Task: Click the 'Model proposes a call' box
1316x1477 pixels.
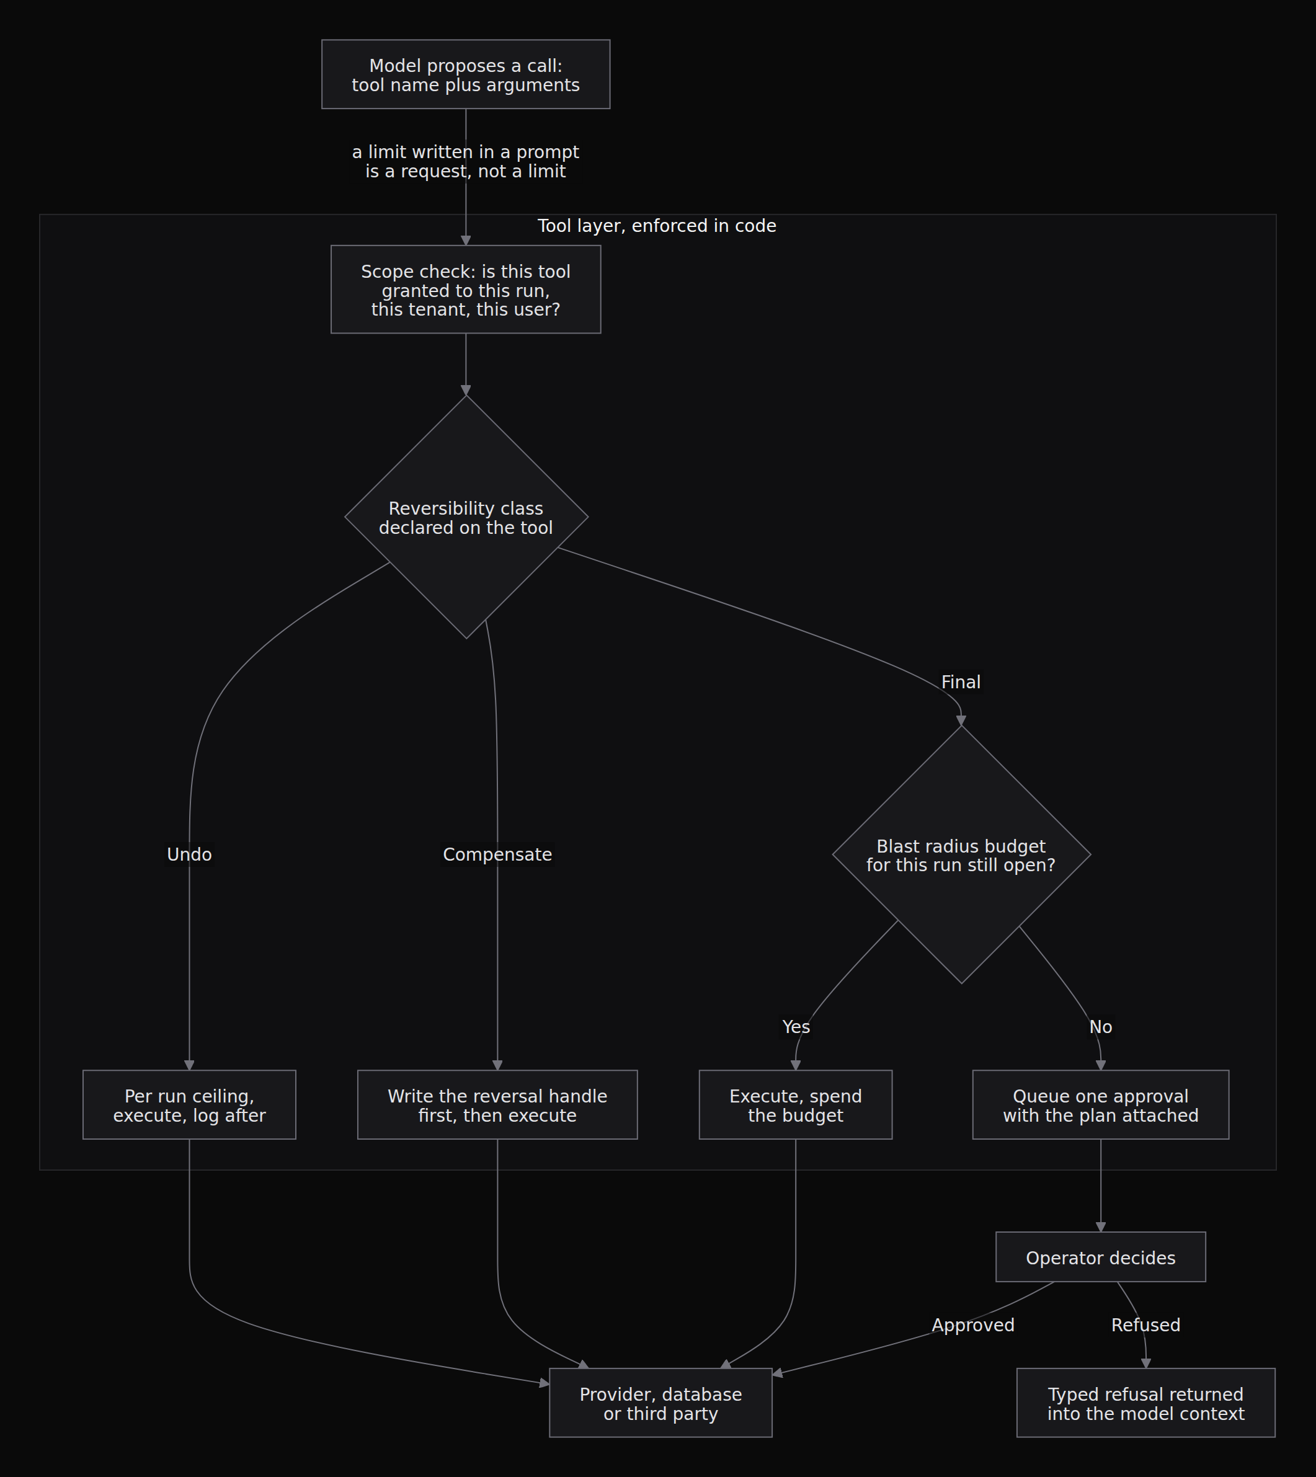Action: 466,74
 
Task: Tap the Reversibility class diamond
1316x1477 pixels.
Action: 466,517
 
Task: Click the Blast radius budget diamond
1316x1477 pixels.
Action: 962,854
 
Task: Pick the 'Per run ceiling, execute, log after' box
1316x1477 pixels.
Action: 189,1106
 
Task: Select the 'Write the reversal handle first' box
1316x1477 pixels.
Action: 497,1106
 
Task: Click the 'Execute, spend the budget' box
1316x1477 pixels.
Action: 796,1106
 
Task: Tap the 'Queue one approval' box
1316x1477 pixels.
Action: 1101,1106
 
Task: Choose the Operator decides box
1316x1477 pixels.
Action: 1101,1257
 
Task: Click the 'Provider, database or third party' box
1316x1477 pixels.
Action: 661,1403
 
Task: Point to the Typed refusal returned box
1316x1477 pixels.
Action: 1146,1403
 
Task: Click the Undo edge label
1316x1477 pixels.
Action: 189,854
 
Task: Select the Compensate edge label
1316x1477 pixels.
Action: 497,854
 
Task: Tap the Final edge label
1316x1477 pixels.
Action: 961,681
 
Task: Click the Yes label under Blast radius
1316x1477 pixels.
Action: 796,1027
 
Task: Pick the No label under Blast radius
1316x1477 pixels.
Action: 1101,1027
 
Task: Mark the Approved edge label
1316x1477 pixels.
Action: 972,1325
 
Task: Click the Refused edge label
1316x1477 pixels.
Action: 1145,1325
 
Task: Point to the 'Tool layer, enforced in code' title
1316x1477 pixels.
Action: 657,226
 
